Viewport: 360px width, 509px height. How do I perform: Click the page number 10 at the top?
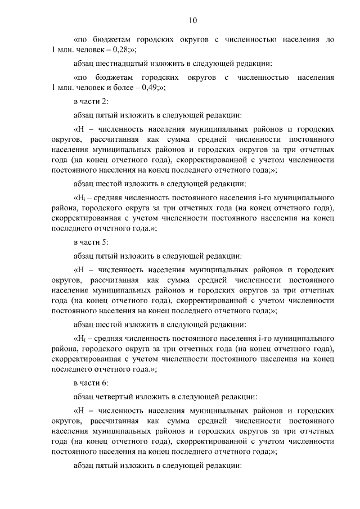[193, 21]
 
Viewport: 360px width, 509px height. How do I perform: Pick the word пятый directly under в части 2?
[107, 115]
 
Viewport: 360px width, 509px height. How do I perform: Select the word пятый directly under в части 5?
[107, 255]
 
